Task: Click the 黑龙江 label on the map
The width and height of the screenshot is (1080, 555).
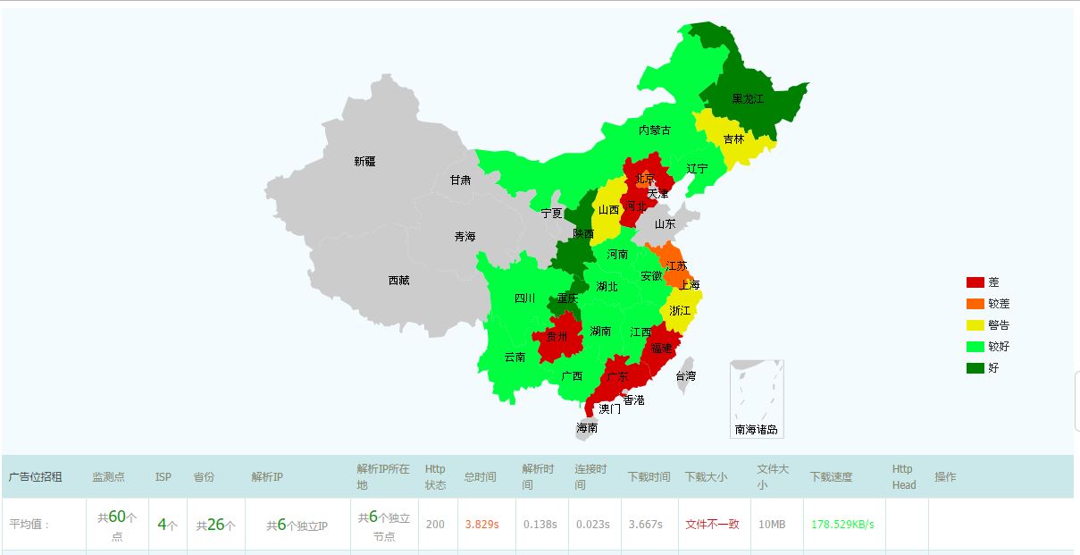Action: [748, 99]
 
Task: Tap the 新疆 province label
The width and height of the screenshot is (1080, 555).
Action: [364, 162]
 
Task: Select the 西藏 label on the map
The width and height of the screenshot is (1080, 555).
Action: [398, 281]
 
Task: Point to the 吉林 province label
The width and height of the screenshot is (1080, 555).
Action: [733, 139]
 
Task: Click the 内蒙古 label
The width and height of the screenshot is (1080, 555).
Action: [654, 130]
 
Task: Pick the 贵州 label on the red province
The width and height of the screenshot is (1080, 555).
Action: [557, 337]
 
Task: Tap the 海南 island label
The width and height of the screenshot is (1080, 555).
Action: [587, 429]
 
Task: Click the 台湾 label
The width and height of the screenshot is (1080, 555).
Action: [684, 376]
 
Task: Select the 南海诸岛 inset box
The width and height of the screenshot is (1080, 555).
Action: [757, 399]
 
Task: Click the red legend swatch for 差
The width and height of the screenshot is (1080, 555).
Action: [975, 282]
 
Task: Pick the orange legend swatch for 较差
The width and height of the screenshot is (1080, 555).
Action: [975, 304]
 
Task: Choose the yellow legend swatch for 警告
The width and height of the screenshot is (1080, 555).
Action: [975, 325]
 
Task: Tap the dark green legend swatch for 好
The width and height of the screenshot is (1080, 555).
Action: [975, 367]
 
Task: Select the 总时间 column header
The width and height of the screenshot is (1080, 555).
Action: [480, 477]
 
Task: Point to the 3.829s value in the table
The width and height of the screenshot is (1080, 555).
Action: [480, 525]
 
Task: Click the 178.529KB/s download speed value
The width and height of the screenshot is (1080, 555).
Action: [842, 525]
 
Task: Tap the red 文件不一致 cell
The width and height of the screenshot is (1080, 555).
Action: [712, 525]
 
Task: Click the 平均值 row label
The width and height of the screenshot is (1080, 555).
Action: [30, 525]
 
